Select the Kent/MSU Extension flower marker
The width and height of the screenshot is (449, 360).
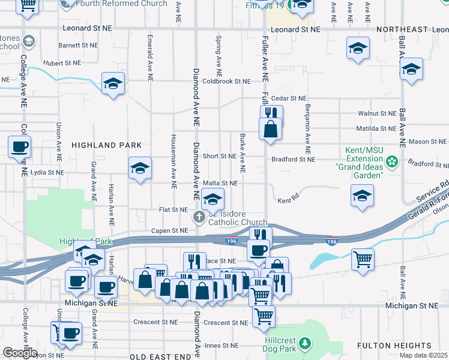pyautogui.click(x=392, y=161)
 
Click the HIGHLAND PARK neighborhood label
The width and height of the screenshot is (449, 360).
pyautogui.click(x=107, y=145)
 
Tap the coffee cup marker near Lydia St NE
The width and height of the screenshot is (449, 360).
pyautogui.click(x=19, y=146)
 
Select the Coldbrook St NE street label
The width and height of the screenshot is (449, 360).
pyautogui.click(x=226, y=81)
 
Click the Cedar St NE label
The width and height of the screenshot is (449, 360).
pyautogui.click(x=289, y=98)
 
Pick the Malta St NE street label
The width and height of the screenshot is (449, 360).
pyautogui.click(x=220, y=183)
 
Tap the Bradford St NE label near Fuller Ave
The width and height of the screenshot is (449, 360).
pyautogui.click(x=293, y=159)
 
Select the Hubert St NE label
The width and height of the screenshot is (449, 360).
pyautogui.click(x=62, y=62)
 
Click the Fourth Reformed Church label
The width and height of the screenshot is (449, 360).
pyautogui.click(x=122, y=4)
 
